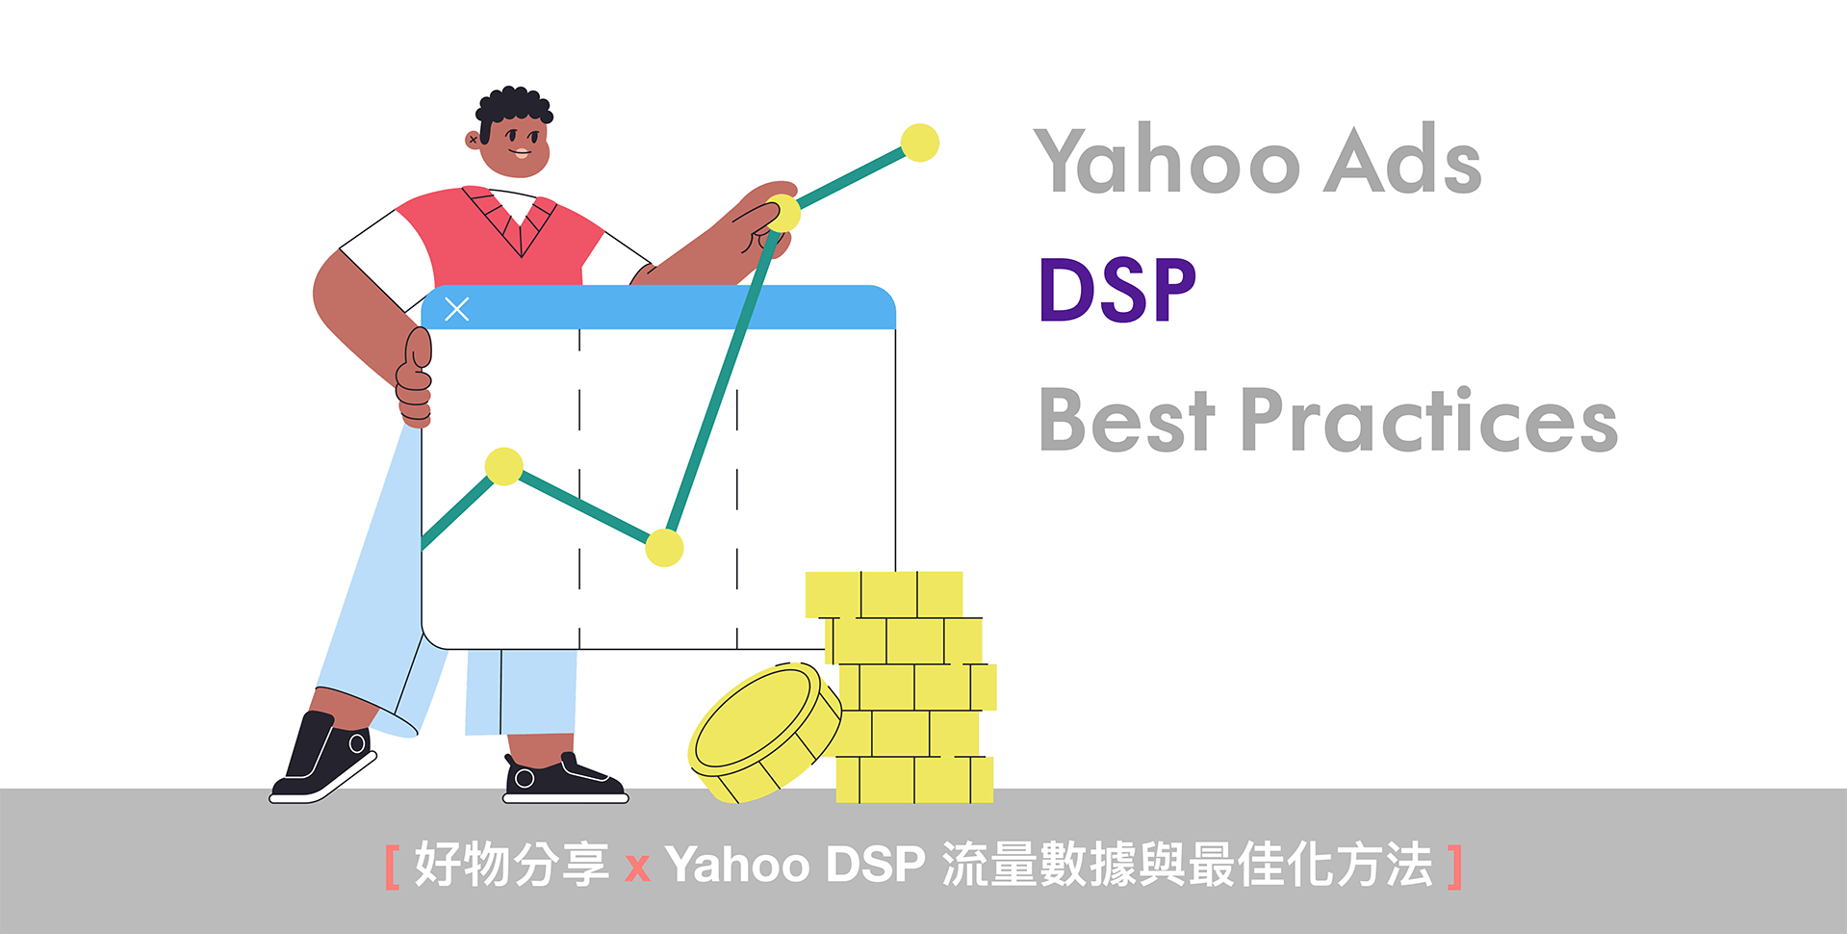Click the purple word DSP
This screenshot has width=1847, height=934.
click(1117, 290)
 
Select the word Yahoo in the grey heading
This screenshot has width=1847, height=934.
click(1167, 159)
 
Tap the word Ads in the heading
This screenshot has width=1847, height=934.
click(1402, 159)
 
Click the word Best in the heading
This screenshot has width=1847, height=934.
click(1127, 420)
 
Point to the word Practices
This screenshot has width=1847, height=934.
click(1429, 420)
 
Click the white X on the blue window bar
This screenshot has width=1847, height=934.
click(457, 309)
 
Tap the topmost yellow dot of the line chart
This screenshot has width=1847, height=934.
click(920, 143)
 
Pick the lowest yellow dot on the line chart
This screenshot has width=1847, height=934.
click(664, 547)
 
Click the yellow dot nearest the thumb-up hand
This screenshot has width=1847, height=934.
click(503, 466)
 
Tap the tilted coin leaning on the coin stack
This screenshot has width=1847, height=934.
click(765, 732)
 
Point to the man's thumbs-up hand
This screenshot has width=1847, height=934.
click(415, 377)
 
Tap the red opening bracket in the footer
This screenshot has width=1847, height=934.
click(392, 867)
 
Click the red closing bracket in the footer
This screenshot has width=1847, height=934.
click(1454, 867)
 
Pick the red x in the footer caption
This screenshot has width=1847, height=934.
click(637, 869)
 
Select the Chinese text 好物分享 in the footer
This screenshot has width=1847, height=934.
click(511, 865)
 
